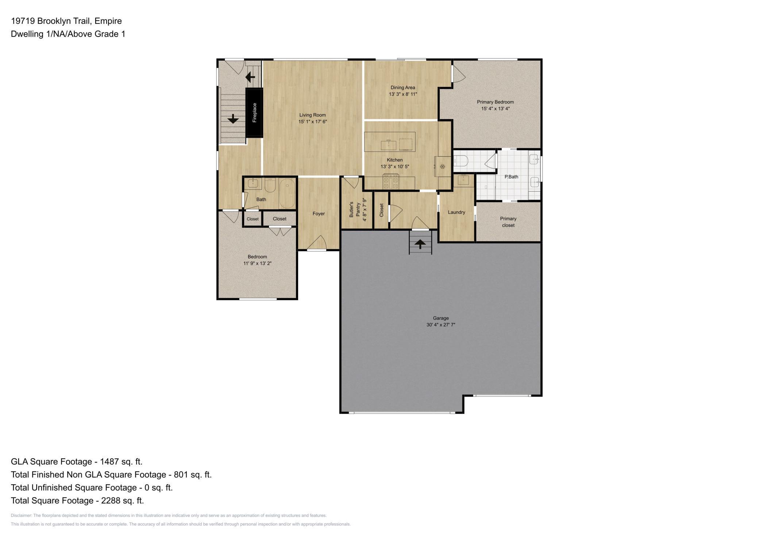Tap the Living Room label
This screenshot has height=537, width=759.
click(312, 115)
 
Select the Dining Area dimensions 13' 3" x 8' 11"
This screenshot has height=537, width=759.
click(402, 94)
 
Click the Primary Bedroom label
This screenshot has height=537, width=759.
click(495, 102)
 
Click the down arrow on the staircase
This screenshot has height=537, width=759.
click(233, 119)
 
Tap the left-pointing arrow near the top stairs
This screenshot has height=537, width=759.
click(250, 77)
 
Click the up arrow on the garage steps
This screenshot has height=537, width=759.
click(420, 243)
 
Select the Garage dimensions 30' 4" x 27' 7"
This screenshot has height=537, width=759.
click(440, 325)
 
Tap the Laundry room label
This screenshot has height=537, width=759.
click(456, 212)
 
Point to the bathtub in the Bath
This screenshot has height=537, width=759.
click(287, 193)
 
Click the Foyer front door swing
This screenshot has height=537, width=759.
click(317, 243)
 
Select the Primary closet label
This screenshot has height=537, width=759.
click(508, 222)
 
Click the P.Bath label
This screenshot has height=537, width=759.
click(511, 177)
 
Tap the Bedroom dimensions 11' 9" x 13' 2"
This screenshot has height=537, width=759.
click(257, 263)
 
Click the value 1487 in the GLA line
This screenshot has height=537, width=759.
click(109, 461)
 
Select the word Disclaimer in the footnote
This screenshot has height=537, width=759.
click(21, 515)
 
